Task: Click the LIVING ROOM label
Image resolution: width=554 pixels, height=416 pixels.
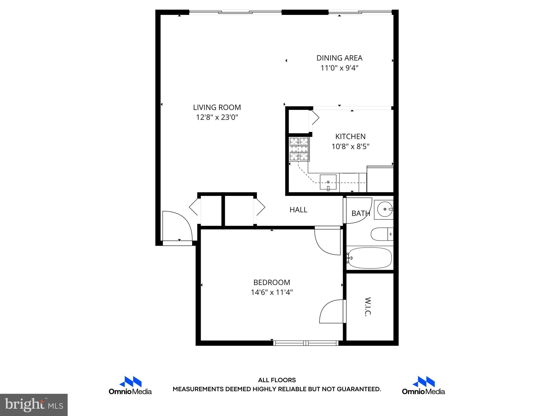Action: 217,108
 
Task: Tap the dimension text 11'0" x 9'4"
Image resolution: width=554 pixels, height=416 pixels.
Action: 339,68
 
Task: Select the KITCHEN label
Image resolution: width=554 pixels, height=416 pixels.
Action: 350,136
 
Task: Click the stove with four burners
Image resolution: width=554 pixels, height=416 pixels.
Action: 299,149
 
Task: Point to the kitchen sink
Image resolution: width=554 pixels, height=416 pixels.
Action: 328,182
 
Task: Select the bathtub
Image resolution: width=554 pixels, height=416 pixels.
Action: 370,258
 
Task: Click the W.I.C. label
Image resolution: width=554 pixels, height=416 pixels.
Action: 368,307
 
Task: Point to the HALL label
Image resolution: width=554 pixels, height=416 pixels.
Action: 298,210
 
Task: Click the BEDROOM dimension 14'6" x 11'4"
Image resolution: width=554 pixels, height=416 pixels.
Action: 272,292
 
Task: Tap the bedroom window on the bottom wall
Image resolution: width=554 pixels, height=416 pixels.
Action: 306,343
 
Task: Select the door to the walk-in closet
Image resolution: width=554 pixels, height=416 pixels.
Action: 331,311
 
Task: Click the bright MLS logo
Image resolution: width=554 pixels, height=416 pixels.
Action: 34,405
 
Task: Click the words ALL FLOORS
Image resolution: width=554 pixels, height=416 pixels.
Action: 277,380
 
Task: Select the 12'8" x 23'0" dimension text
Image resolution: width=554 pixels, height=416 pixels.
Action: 217,118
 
